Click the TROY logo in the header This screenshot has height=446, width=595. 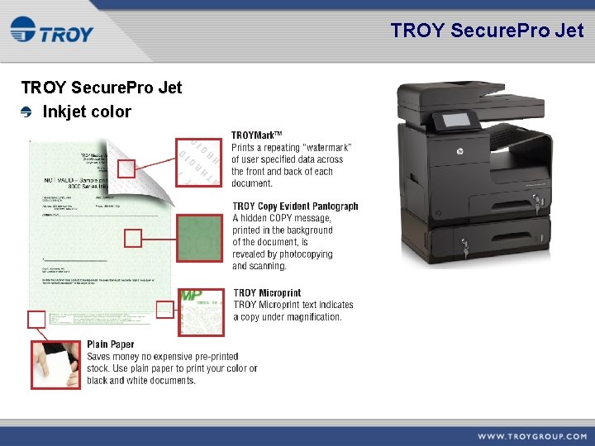coord(51,33)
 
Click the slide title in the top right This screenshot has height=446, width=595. coord(487,31)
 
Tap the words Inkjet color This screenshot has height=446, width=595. coord(87,111)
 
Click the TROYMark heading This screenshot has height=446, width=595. coord(257,135)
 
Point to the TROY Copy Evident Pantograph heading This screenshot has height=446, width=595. coord(295,206)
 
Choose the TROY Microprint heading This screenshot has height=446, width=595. coord(267,292)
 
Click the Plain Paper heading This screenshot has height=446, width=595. coord(110,344)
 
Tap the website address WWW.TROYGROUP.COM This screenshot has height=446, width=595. coord(531,436)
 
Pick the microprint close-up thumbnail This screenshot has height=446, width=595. coord(201,311)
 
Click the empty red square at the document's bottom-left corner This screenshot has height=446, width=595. coord(36,320)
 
